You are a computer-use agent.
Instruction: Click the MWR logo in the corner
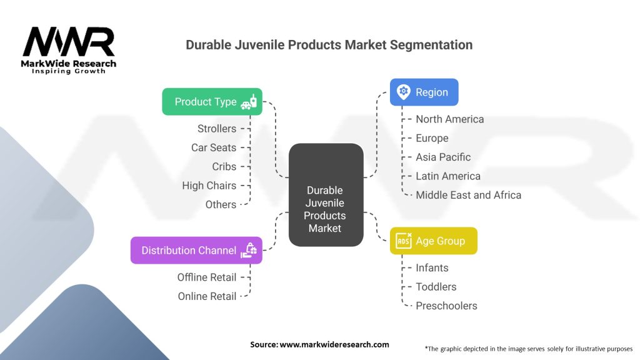point(69,49)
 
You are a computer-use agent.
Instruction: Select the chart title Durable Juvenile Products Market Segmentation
point(329,45)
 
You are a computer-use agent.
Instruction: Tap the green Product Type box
point(212,102)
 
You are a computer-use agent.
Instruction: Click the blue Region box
point(424,92)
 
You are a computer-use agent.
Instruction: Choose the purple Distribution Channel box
point(196,250)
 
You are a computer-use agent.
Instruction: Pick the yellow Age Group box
point(433,241)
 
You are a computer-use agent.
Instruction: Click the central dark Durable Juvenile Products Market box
point(325,194)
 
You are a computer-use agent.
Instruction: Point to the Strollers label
point(217,129)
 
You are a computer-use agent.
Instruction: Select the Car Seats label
point(214,147)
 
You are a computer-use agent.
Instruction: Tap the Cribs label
point(224,166)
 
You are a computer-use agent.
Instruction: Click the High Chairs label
point(209,186)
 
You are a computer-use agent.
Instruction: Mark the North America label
point(449,119)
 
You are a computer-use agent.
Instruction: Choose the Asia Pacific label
point(443,157)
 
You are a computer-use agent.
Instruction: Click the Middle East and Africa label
point(468,195)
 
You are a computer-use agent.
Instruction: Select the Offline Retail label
point(206,277)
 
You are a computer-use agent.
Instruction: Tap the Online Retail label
point(207,296)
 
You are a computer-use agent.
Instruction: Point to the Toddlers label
point(436,287)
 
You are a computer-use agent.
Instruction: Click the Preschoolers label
point(446,306)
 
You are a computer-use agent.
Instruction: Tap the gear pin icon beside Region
point(404,92)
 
